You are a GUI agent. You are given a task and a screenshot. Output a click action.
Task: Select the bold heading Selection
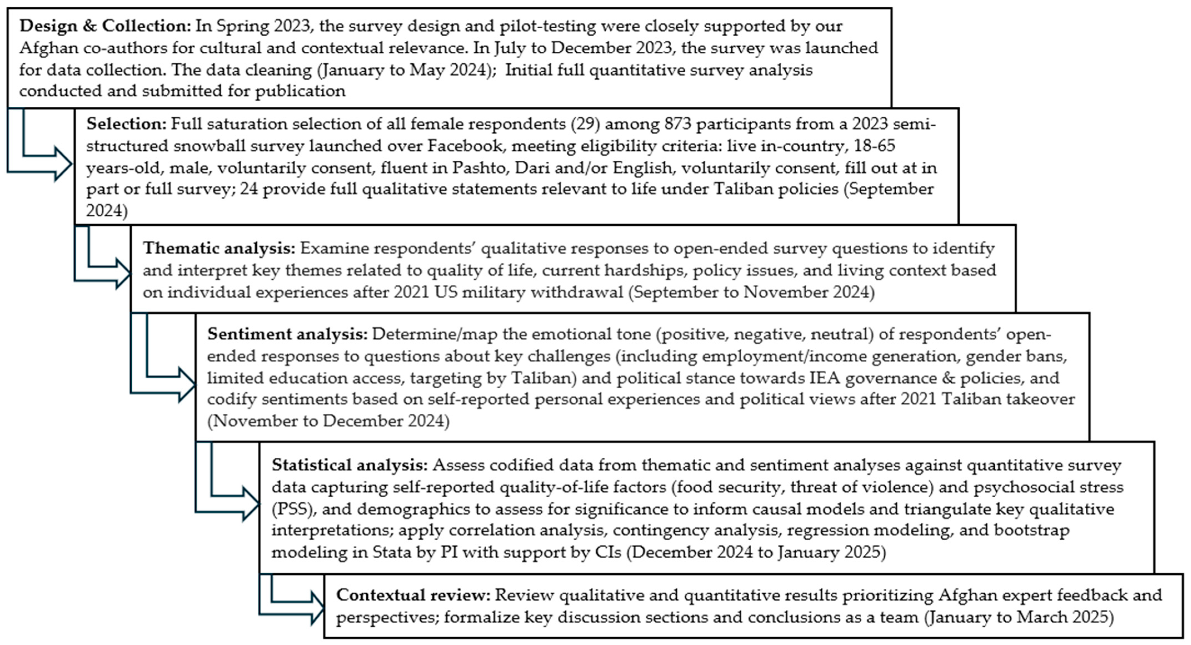[x=126, y=124]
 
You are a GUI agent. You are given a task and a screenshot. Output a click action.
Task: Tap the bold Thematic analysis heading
[x=219, y=249]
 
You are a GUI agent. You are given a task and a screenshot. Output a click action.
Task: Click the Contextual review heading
[x=413, y=595]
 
